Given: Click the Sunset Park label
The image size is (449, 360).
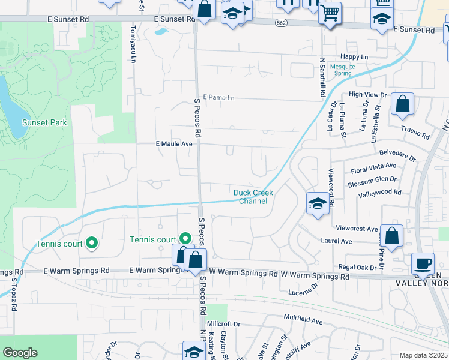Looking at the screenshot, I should [x=44, y=122].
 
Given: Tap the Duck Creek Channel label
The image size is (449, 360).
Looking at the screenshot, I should [x=253, y=197].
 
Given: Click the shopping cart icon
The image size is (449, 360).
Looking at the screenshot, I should [x=329, y=12].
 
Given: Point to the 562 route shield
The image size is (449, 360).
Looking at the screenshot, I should [x=282, y=23].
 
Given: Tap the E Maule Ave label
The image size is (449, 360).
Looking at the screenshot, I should [x=174, y=144].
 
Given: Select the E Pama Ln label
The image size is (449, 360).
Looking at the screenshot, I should [x=218, y=97].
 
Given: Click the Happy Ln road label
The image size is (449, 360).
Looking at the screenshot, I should [x=354, y=56].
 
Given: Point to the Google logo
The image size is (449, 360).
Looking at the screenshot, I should [x=20, y=353].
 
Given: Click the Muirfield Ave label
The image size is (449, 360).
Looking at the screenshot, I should [x=303, y=322].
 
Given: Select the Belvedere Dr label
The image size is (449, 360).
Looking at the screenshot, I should [x=397, y=155].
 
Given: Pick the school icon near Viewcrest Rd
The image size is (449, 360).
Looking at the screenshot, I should [x=317, y=203].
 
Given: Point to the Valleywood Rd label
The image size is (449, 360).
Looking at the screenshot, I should [x=379, y=193].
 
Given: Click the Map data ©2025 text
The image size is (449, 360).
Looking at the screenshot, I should [x=423, y=355].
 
